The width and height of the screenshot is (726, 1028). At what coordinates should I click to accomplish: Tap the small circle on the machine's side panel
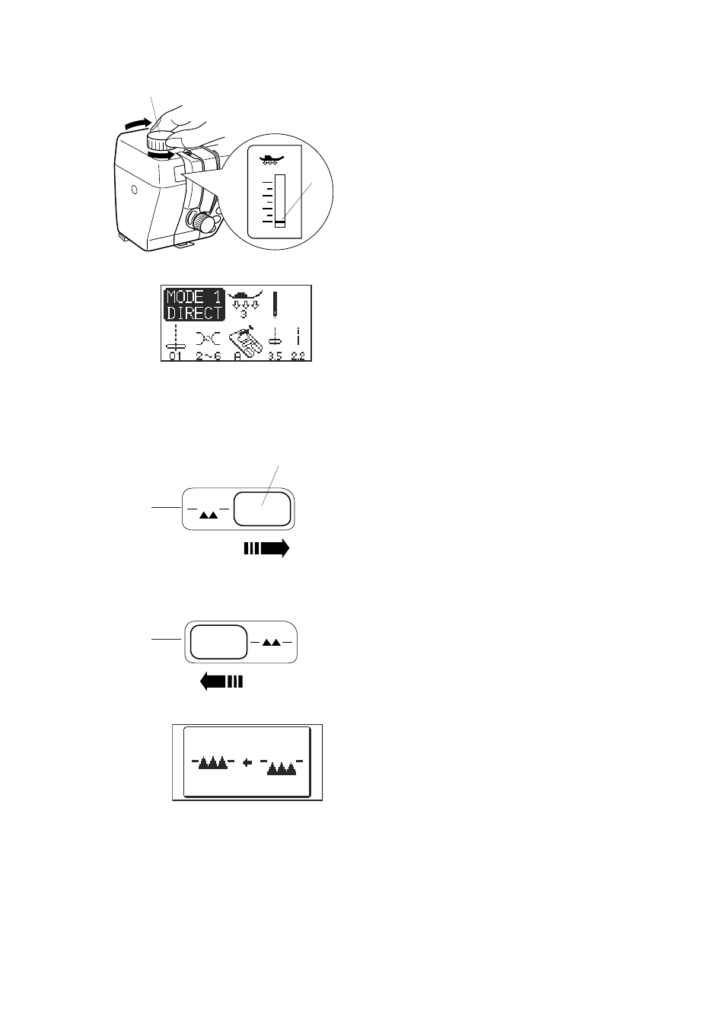tap(134, 189)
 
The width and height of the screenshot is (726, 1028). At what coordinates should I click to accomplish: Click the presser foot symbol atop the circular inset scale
tap(272, 160)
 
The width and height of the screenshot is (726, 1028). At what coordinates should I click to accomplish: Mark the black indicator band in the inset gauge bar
tap(280, 222)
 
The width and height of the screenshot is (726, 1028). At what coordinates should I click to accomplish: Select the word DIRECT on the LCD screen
tap(195, 313)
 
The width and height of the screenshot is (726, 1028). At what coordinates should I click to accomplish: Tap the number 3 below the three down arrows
tap(244, 314)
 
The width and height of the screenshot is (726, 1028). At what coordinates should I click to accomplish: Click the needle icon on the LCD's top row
tap(275, 304)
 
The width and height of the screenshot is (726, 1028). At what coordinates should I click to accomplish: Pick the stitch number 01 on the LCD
tap(175, 356)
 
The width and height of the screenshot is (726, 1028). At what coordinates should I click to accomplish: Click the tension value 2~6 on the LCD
tap(209, 356)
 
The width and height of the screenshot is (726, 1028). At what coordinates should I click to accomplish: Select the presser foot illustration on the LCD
tap(246, 343)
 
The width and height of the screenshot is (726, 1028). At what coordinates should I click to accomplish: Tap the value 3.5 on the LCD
tap(275, 356)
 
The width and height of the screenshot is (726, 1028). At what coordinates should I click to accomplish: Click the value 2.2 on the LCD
tap(298, 356)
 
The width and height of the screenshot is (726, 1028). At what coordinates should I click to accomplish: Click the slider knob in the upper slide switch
tap(263, 509)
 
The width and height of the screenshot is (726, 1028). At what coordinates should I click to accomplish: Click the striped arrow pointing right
tap(266, 548)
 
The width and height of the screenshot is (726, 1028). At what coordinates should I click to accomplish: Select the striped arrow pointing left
tap(221, 682)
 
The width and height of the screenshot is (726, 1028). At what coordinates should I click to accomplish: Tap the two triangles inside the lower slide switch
tap(272, 643)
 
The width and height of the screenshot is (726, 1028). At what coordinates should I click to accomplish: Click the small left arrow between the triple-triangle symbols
tap(247, 763)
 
